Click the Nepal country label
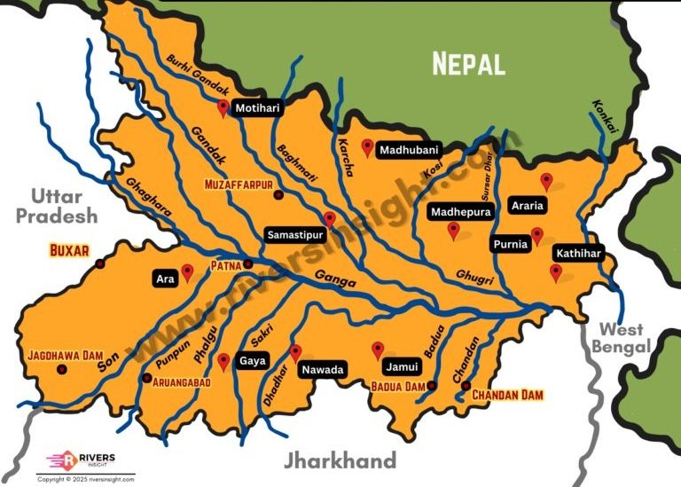coord(468,63)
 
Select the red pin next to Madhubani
coord(367,147)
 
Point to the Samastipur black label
coord(294,235)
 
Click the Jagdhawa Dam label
coord(67,355)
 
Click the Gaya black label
coord(252,362)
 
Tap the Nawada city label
coord(322,369)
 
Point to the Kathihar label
coord(578,254)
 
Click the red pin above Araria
coord(546,182)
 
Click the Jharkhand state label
coord(340,460)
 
